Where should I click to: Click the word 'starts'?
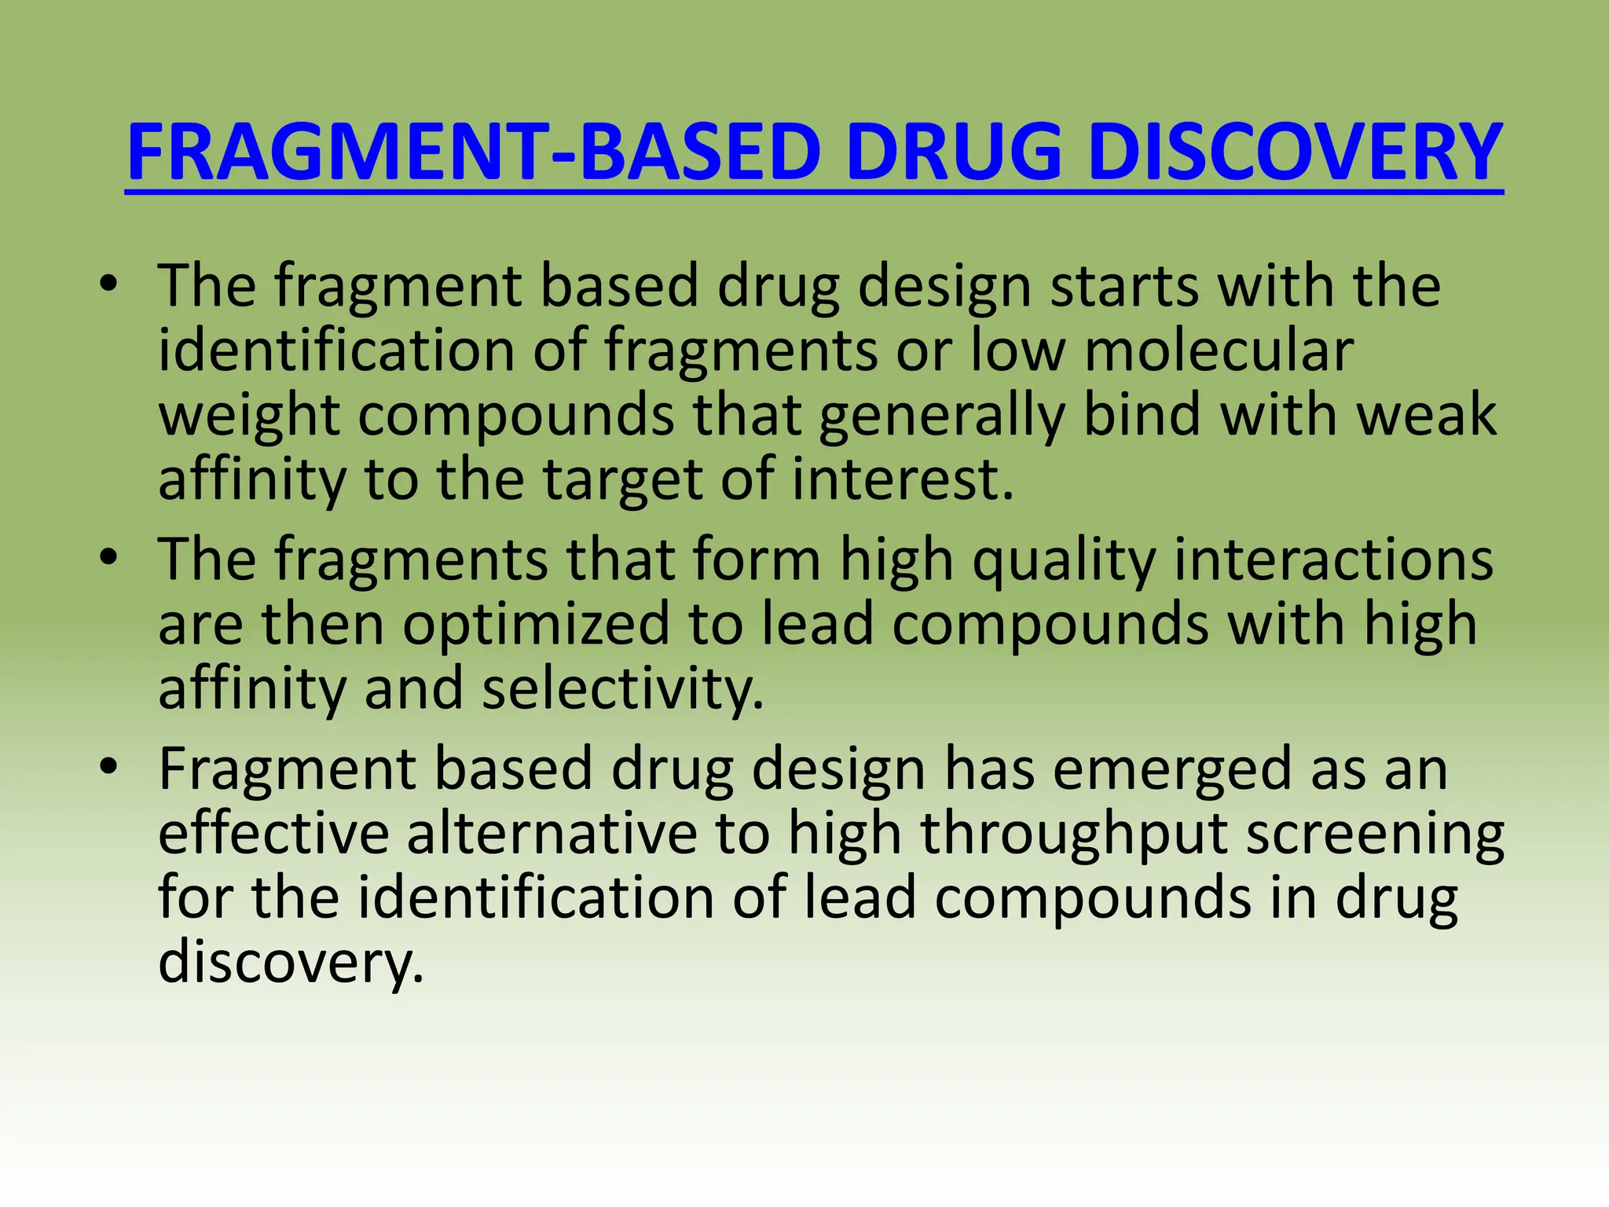1125,286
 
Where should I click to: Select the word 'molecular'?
1219,350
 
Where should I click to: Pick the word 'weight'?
249,416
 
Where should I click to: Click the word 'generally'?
941,416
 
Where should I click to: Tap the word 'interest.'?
903,479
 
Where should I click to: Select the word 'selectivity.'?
623,690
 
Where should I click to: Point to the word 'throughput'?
1074,835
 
